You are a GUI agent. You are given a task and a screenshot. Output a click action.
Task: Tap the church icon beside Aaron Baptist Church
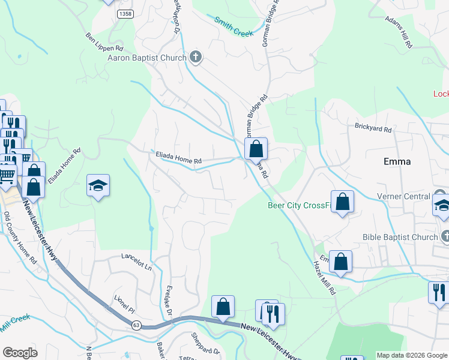coord(196,58)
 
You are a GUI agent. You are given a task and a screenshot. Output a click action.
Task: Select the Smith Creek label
coord(234,27)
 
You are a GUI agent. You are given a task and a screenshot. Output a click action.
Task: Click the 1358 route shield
coord(125,13)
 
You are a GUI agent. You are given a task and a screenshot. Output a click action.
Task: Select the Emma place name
coord(397,161)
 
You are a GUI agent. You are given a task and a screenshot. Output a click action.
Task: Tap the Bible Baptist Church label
coord(400,237)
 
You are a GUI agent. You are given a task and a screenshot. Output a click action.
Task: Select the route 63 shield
coord(137,325)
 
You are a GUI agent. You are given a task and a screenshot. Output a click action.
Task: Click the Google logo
coord(20,353)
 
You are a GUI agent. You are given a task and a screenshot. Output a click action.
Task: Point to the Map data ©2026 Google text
coord(411,355)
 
